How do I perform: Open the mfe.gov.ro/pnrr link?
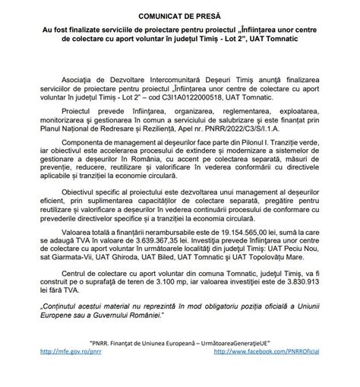pos(63,374)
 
